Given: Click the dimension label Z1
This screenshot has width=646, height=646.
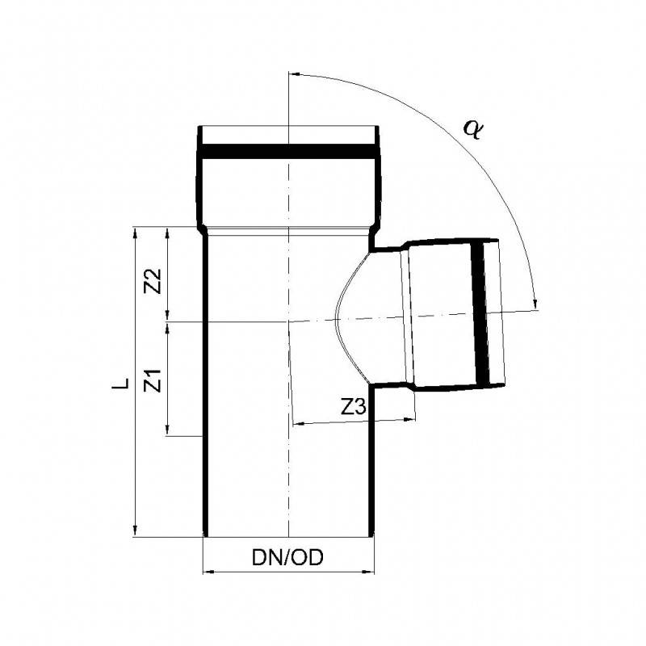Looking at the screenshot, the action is click(154, 380).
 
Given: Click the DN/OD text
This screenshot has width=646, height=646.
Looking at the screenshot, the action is click(288, 558).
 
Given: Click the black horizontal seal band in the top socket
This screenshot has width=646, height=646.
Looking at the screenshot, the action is click(289, 152).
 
